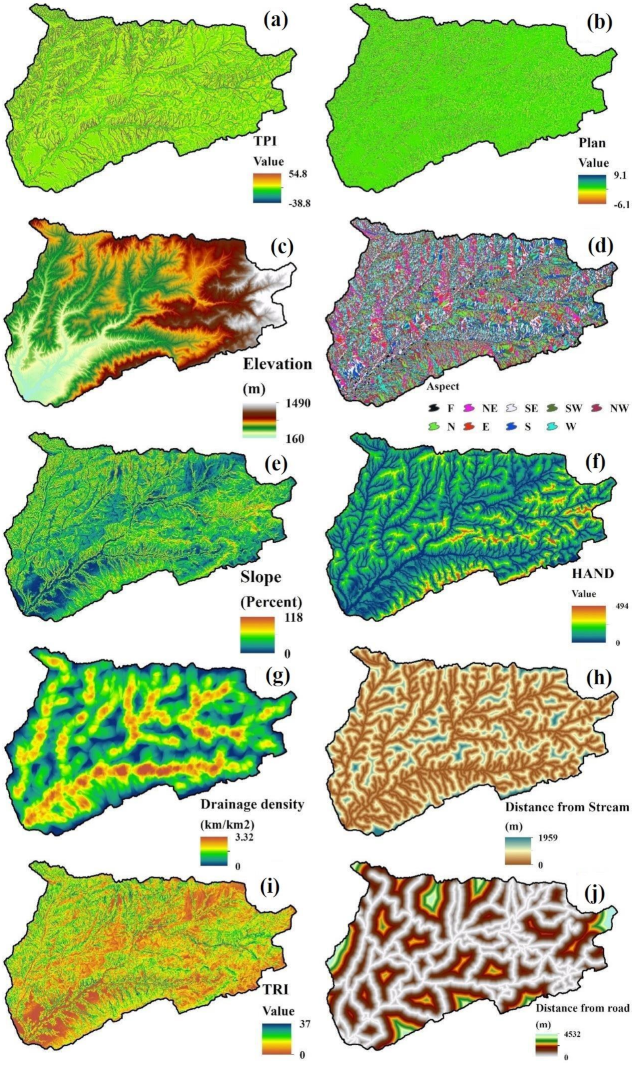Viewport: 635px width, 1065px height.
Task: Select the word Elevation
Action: point(277,364)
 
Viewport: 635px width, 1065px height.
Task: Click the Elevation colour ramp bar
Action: point(259,420)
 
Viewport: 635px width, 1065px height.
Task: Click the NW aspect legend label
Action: point(619,408)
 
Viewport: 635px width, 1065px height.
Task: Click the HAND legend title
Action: point(592,574)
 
